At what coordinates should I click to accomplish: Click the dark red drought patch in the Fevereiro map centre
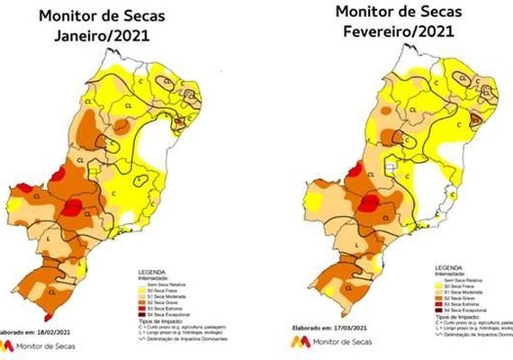368,206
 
